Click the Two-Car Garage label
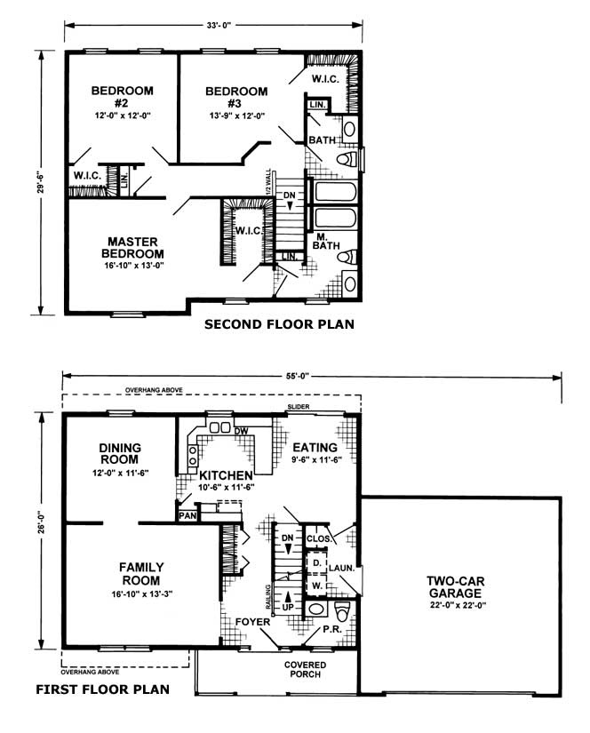tap(455, 587)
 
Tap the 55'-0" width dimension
tap(298, 375)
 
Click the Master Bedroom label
tap(132, 248)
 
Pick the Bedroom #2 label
tap(122, 96)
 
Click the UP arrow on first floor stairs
tap(288, 596)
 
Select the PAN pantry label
tap(187, 515)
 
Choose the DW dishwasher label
tap(241, 431)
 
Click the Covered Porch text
tap(306, 669)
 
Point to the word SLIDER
tap(299, 407)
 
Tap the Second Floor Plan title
tap(280, 324)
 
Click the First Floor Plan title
tap(103, 689)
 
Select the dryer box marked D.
tap(317, 562)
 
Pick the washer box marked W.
tap(317, 585)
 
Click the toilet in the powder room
tap(343, 610)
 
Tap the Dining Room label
tap(120, 453)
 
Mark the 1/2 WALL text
tap(267, 182)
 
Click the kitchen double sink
tap(219, 427)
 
